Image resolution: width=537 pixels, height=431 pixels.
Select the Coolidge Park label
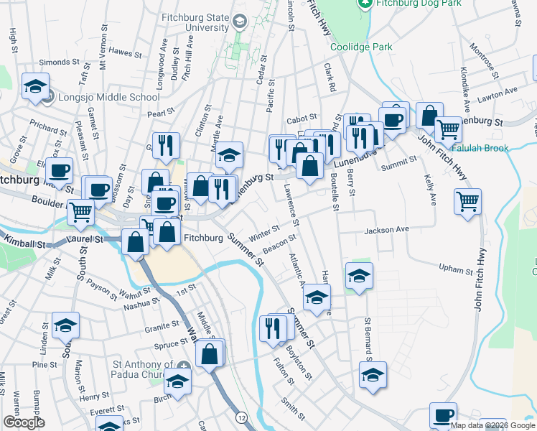[361, 47]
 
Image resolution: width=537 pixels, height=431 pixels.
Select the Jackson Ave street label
[386, 231]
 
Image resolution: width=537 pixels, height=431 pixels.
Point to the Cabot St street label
[302, 120]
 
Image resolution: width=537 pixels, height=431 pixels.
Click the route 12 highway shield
[241, 417]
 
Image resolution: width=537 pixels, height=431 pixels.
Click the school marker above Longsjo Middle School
[36, 86]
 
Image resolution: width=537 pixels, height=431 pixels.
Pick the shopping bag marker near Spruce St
[210, 353]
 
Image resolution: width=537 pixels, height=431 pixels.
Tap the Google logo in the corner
[24, 422]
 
